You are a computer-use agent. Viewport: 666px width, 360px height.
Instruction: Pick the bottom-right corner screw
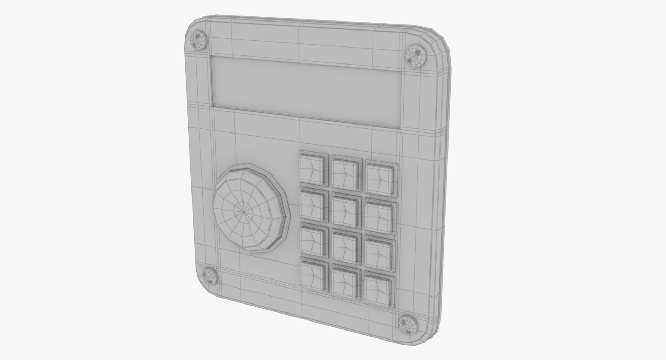pyautogui.click(x=408, y=325)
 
